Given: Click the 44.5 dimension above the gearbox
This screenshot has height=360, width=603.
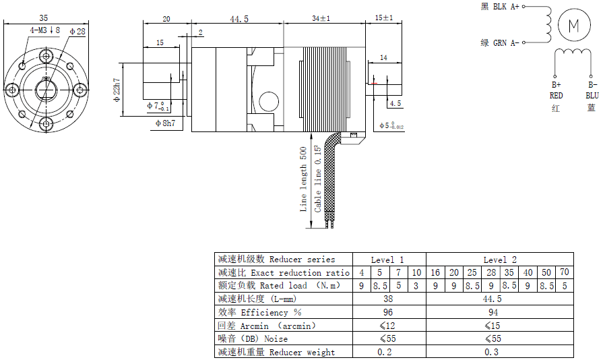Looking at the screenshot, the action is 239,19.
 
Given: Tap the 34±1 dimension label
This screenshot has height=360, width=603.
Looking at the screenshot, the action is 321,18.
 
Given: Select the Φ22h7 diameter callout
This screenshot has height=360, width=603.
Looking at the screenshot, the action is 117,90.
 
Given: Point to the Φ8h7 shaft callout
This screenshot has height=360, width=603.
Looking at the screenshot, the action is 165,123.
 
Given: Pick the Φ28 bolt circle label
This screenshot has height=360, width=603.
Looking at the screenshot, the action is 77,31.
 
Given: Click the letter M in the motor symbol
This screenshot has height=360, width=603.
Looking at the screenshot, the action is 574,26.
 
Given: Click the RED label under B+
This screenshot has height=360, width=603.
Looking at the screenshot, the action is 556,95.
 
